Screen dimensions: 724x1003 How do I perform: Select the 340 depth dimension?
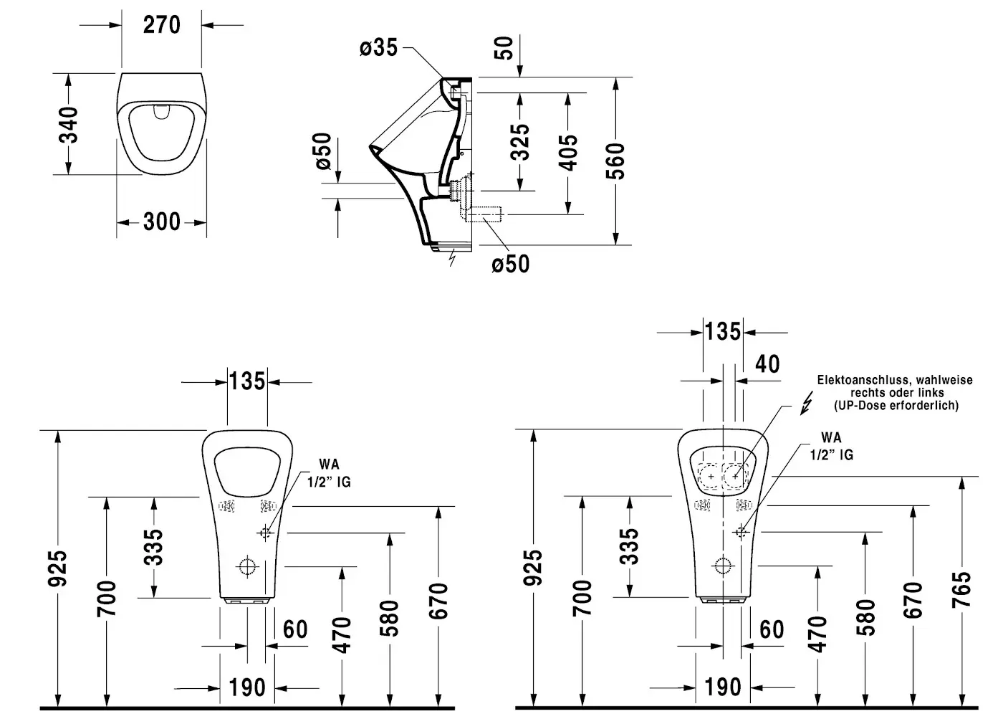click(68, 124)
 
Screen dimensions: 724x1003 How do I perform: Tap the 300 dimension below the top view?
click(162, 222)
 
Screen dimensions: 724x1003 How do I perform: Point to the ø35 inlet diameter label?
click(378, 48)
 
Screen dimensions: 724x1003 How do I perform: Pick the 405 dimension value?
click(567, 152)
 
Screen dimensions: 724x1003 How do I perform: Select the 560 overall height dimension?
click(615, 161)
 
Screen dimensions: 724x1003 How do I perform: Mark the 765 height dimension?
click(962, 589)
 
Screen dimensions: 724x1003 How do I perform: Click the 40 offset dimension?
click(767, 363)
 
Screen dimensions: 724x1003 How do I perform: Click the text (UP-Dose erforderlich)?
click(896, 406)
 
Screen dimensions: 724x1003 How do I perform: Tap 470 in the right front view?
click(817, 634)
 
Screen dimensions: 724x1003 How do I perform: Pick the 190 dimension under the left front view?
click(247, 688)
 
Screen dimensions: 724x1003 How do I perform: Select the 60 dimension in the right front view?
click(772, 629)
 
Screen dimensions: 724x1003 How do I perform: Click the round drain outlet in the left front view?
click(247, 566)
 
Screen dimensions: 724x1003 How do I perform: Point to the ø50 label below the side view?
click(510, 264)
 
